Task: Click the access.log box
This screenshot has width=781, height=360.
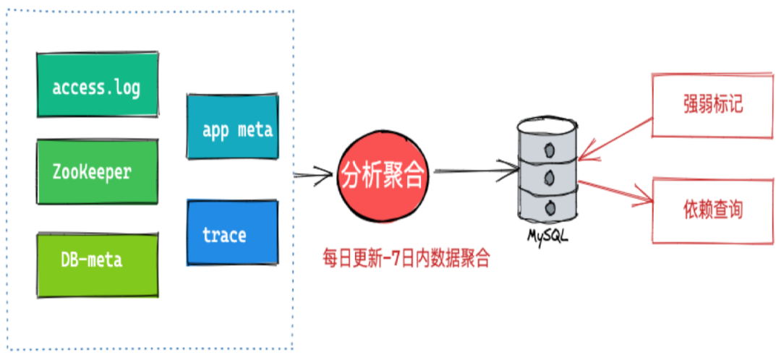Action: pyautogui.click(x=97, y=85)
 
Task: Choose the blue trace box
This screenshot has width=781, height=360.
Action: pyautogui.click(x=232, y=233)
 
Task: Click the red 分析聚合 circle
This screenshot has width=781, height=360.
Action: pyautogui.click(x=383, y=176)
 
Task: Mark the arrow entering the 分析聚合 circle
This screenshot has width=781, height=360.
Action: pyautogui.click(x=312, y=174)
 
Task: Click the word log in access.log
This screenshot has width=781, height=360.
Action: pyautogui.click(x=127, y=88)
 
